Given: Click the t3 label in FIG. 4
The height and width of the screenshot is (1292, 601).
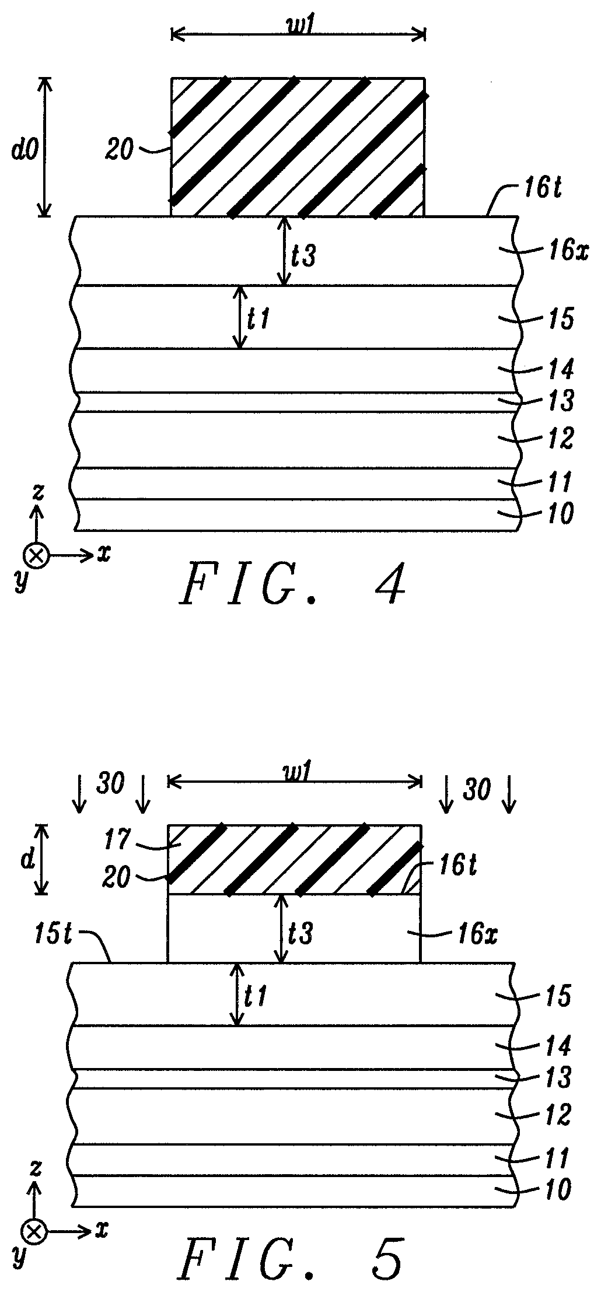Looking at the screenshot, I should (x=304, y=255).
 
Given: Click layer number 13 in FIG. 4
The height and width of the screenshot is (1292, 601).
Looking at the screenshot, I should (x=560, y=401).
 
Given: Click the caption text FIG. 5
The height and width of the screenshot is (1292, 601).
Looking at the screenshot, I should (x=292, y=1261).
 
